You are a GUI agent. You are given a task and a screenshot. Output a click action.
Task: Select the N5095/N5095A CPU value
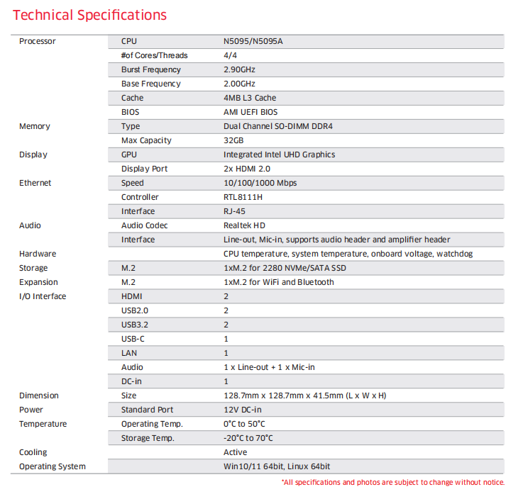253,41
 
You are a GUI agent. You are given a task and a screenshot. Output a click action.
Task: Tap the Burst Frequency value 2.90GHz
239,69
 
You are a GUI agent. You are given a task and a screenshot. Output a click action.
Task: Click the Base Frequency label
150,84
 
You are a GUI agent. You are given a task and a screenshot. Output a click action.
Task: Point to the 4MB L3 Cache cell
250,98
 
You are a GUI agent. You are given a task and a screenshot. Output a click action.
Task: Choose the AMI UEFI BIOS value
251,112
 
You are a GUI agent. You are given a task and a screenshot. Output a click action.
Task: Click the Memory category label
35,126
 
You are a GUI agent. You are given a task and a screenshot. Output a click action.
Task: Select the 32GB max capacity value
233,140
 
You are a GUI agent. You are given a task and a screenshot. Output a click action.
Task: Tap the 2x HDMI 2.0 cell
246,169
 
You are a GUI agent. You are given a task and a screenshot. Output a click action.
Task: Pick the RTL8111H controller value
243,197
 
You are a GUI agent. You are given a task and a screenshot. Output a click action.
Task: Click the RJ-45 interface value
236,211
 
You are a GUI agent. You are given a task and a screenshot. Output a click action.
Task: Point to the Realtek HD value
245,225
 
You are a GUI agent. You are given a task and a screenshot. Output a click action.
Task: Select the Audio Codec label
145,225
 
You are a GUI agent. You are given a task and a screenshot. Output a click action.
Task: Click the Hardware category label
38,254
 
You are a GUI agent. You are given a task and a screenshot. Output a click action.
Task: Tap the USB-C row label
133,339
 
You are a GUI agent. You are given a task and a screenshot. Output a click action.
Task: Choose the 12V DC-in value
243,410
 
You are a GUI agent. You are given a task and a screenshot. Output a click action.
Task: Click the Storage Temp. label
148,438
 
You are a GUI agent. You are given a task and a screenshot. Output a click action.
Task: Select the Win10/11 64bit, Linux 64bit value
277,466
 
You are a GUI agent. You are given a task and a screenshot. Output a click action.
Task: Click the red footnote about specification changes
393,483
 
